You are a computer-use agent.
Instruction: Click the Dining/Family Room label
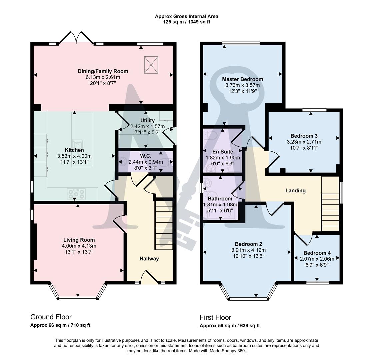103,71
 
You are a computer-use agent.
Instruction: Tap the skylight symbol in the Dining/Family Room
151,65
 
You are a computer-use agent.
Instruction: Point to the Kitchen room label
74,150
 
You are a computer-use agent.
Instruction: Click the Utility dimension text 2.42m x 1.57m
147,126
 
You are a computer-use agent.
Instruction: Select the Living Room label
79,240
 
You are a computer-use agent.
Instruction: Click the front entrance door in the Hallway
149,277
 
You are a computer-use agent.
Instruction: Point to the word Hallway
149,259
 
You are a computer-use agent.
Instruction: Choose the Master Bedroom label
242,79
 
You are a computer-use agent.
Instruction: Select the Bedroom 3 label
304,136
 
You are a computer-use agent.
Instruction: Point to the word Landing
295,191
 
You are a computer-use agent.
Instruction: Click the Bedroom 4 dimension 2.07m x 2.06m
317,259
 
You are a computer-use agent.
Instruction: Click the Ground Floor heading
51,317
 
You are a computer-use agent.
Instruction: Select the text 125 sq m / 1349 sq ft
186,22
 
